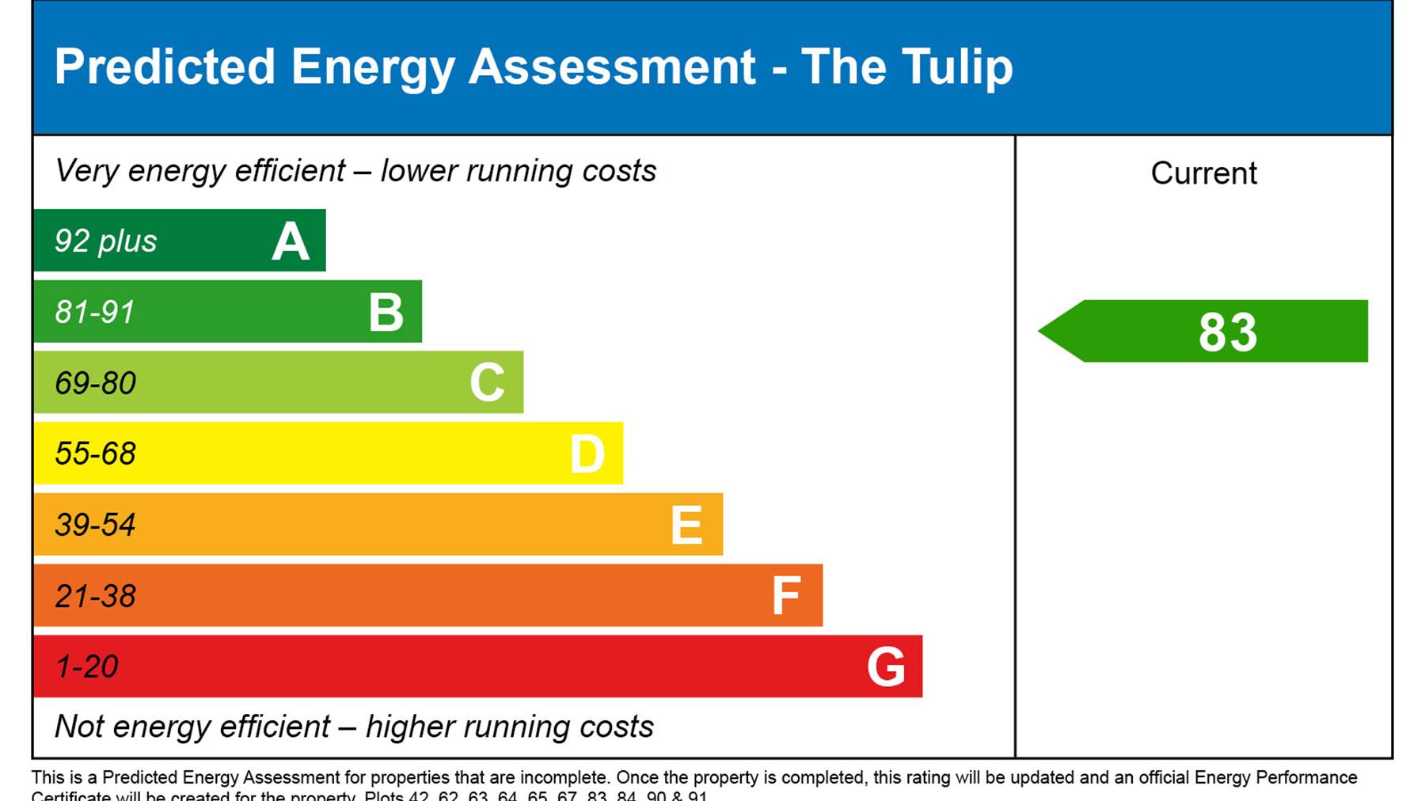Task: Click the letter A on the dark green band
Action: point(291,241)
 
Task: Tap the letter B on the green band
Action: point(386,312)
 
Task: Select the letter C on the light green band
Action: point(487,383)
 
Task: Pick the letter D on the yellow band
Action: point(587,454)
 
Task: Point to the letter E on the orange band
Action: point(686,526)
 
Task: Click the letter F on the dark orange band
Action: point(786,596)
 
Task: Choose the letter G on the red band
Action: point(886,667)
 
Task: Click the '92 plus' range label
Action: point(105,241)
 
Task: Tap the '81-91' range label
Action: point(95,313)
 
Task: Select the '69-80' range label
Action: point(96,384)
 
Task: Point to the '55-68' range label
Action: point(96,454)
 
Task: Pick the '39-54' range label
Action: point(96,526)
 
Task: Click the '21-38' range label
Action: point(96,597)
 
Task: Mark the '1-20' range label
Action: point(87,667)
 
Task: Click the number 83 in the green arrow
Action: point(1227,332)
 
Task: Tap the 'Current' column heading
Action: point(1203,173)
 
